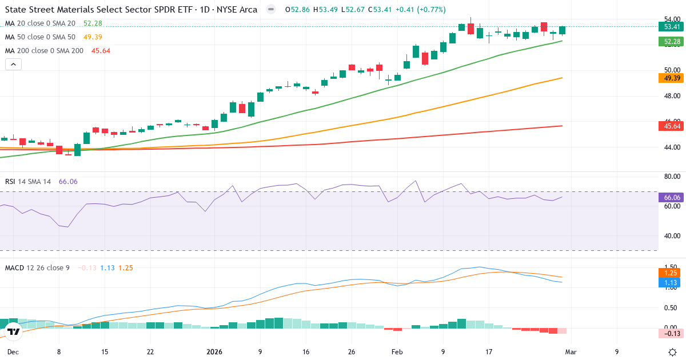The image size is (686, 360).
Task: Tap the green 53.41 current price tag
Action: (671, 26)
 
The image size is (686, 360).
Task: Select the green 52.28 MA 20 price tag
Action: (671, 42)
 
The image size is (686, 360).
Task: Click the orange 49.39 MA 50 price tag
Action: (671, 78)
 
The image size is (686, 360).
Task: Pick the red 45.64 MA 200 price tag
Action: (671, 126)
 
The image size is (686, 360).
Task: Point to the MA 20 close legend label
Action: (40, 23)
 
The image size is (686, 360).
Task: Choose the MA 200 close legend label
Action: (44, 51)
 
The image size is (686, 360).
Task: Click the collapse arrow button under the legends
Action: (13, 64)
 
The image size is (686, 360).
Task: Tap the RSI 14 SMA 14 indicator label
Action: (28, 182)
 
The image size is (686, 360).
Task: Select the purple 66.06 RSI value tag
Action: (671, 197)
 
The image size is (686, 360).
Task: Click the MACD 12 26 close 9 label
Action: (37, 267)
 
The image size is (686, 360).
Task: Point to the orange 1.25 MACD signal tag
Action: (671, 273)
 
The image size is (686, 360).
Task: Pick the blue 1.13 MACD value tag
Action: (671, 282)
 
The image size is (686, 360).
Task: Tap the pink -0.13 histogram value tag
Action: (671, 333)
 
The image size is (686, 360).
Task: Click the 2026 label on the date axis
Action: (214, 352)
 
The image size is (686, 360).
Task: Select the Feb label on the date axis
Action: (397, 352)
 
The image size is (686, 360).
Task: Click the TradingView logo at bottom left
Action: (13, 331)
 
